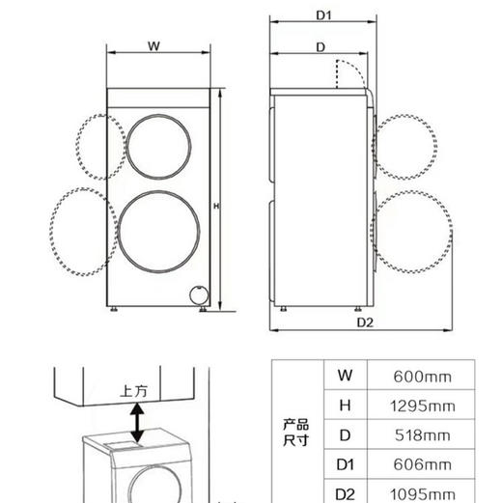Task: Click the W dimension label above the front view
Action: [x=154, y=46]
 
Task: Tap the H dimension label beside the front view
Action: [x=216, y=207]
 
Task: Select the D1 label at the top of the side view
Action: [x=323, y=14]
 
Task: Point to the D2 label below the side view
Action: [x=364, y=321]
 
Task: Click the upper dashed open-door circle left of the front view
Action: [x=98, y=146]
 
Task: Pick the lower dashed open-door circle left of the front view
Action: [x=85, y=232]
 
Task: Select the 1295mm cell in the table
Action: [x=422, y=405]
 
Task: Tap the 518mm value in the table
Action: [x=422, y=435]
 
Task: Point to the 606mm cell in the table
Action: [x=422, y=465]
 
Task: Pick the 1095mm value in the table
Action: [x=422, y=493]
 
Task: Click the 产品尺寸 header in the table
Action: [x=295, y=433]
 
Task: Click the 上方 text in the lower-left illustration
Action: [x=133, y=392]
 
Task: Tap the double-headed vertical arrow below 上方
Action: [x=138, y=423]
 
